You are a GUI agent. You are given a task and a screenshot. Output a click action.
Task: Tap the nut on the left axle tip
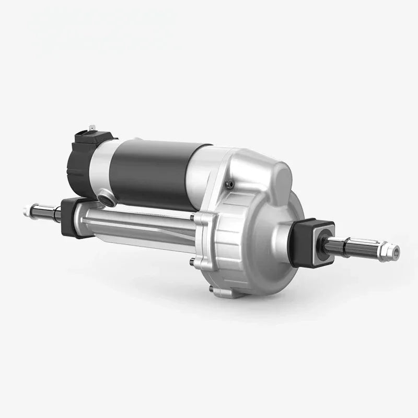point(27,212)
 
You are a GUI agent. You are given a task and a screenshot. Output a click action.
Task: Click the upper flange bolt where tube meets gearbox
point(193,217)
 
